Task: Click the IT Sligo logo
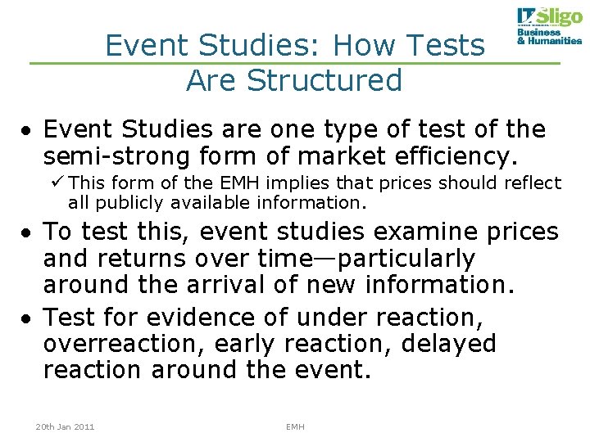548,18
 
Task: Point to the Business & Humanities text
549,37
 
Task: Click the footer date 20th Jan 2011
65,427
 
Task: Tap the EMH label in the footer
295,427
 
